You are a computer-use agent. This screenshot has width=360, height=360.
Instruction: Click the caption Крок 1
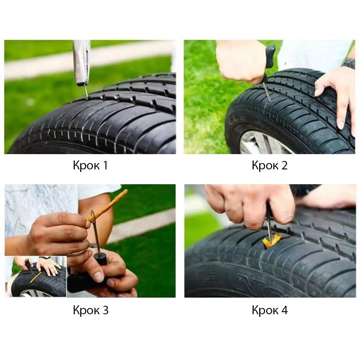click(x=90, y=165)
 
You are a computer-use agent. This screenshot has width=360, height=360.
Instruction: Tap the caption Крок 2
click(x=269, y=165)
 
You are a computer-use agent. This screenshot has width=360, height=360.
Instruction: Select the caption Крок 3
click(x=91, y=310)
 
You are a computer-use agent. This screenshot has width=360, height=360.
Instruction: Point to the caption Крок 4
click(x=269, y=310)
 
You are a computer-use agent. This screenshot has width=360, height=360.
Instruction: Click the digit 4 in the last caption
click(x=284, y=310)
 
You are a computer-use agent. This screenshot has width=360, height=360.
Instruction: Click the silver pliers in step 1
click(x=81, y=63)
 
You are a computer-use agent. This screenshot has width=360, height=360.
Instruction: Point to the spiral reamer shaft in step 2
click(x=267, y=91)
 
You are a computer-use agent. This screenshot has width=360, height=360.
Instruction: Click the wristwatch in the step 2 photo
click(x=349, y=64)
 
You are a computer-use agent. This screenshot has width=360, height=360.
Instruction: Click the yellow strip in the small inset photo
click(x=36, y=277)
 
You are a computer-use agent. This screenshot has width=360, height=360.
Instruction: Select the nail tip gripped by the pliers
click(x=86, y=92)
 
